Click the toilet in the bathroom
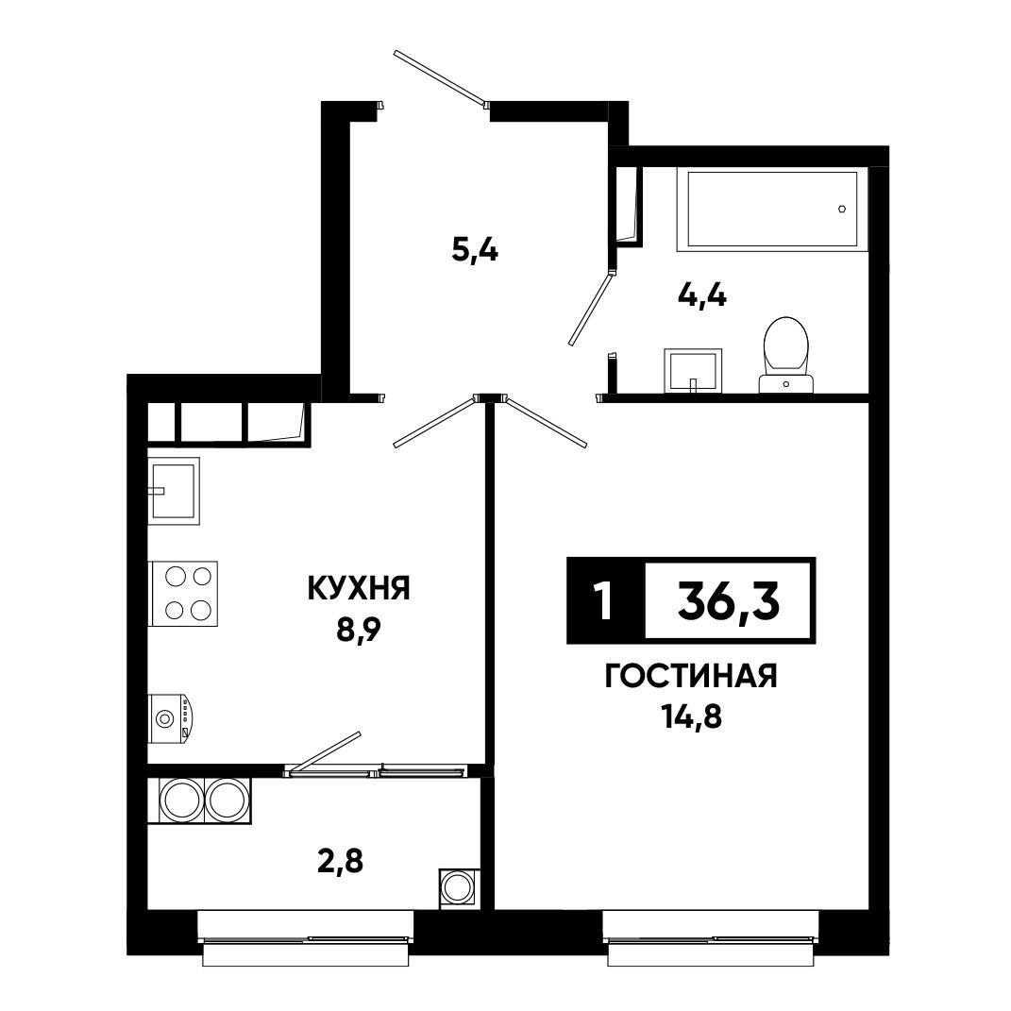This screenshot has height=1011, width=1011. pyautogui.click(x=785, y=354)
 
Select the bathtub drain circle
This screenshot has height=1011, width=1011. pyautogui.click(x=842, y=209)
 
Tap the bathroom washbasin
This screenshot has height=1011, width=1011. pyautogui.click(x=693, y=370)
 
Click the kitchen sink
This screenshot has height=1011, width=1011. pyautogui.click(x=174, y=491)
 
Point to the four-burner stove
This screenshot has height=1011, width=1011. pyautogui.click(x=183, y=593)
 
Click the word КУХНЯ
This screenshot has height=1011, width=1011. pyautogui.click(x=359, y=588)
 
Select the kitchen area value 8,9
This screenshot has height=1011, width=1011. pyautogui.click(x=359, y=632)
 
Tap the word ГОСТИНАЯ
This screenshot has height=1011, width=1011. pyautogui.click(x=691, y=677)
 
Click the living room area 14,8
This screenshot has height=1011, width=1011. pyautogui.click(x=691, y=716)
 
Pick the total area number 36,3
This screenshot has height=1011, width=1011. pyautogui.click(x=729, y=599)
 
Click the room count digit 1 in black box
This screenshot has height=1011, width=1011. pyautogui.click(x=604, y=600)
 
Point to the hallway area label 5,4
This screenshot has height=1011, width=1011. pyautogui.click(x=475, y=249)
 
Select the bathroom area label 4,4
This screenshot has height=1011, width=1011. pyautogui.click(x=702, y=296)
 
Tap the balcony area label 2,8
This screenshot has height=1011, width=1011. pyautogui.click(x=341, y=860)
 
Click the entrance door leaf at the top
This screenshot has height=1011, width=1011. pyautogui.click(x=440, y=77)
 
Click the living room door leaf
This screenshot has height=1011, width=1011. pyautogui.click(x=547, y=421)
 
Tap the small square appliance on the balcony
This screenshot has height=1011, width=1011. pyautogui.click(x=460, y=888)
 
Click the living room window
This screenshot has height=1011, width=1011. pyautogui.click(x=711, y=938)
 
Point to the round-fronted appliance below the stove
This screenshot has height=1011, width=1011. pyautogui.click(x=170, y=717)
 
